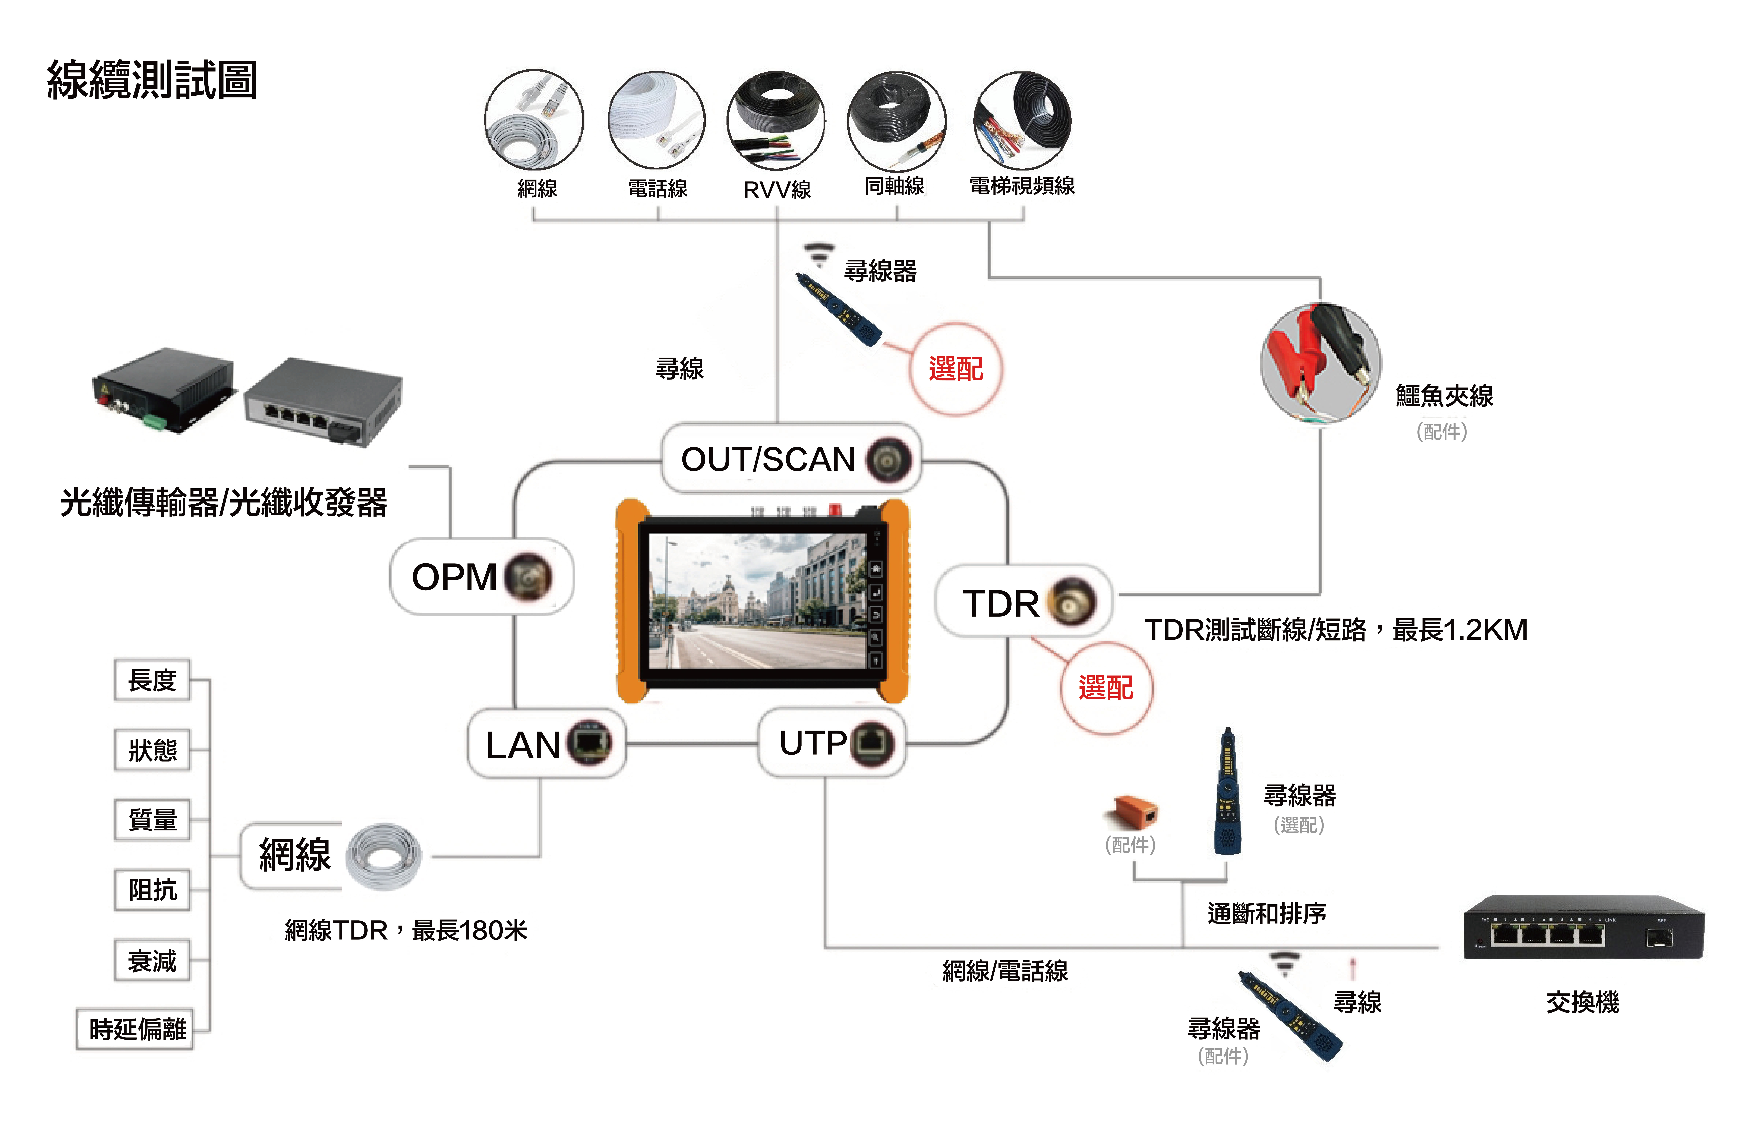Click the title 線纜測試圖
coord(152,80)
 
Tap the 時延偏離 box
coord(135,1029)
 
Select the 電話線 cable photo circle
coord(656,120)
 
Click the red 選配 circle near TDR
coord(1106,688)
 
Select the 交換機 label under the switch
coord(1582,1002)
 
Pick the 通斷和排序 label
coord(1267,913)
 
